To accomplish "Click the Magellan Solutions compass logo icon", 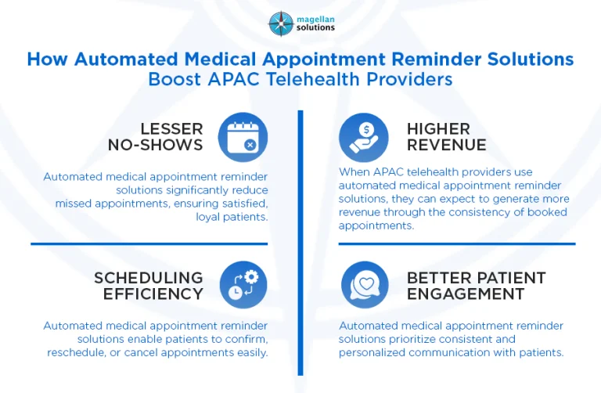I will coord(279,23).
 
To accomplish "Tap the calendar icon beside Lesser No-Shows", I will coord(243,137).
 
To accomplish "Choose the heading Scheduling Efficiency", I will coord(149,286).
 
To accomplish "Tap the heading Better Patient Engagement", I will coord(475,286).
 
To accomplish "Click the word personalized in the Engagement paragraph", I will coord(373,352).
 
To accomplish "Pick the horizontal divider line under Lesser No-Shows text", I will coord(149,243).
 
